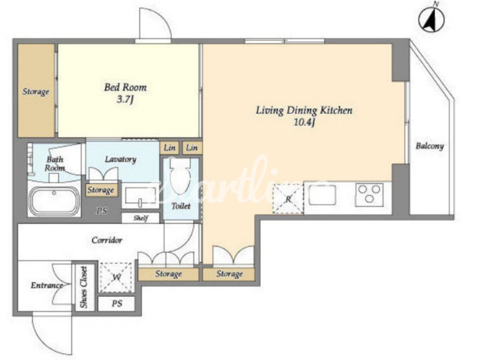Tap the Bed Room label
(x=125, y=87)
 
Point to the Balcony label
(x=430, y=146)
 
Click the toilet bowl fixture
(x=181, y=176)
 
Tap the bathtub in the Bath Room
(x=55, y=201)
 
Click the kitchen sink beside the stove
(x=322, y=195)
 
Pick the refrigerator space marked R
(x=288, y=199)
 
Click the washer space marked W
(x=116, y=277)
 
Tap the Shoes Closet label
(x=83, y=287)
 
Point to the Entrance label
(x=47, y=285)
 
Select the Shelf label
(x=141, y=218)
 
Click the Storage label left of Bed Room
(x=36, y=91)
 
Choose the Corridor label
(x=107, y=240)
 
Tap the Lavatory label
(x=121, y=159)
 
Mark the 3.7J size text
(x=125, y=100)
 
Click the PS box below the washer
(x=117, y=303)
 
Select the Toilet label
(x=181, y=206)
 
